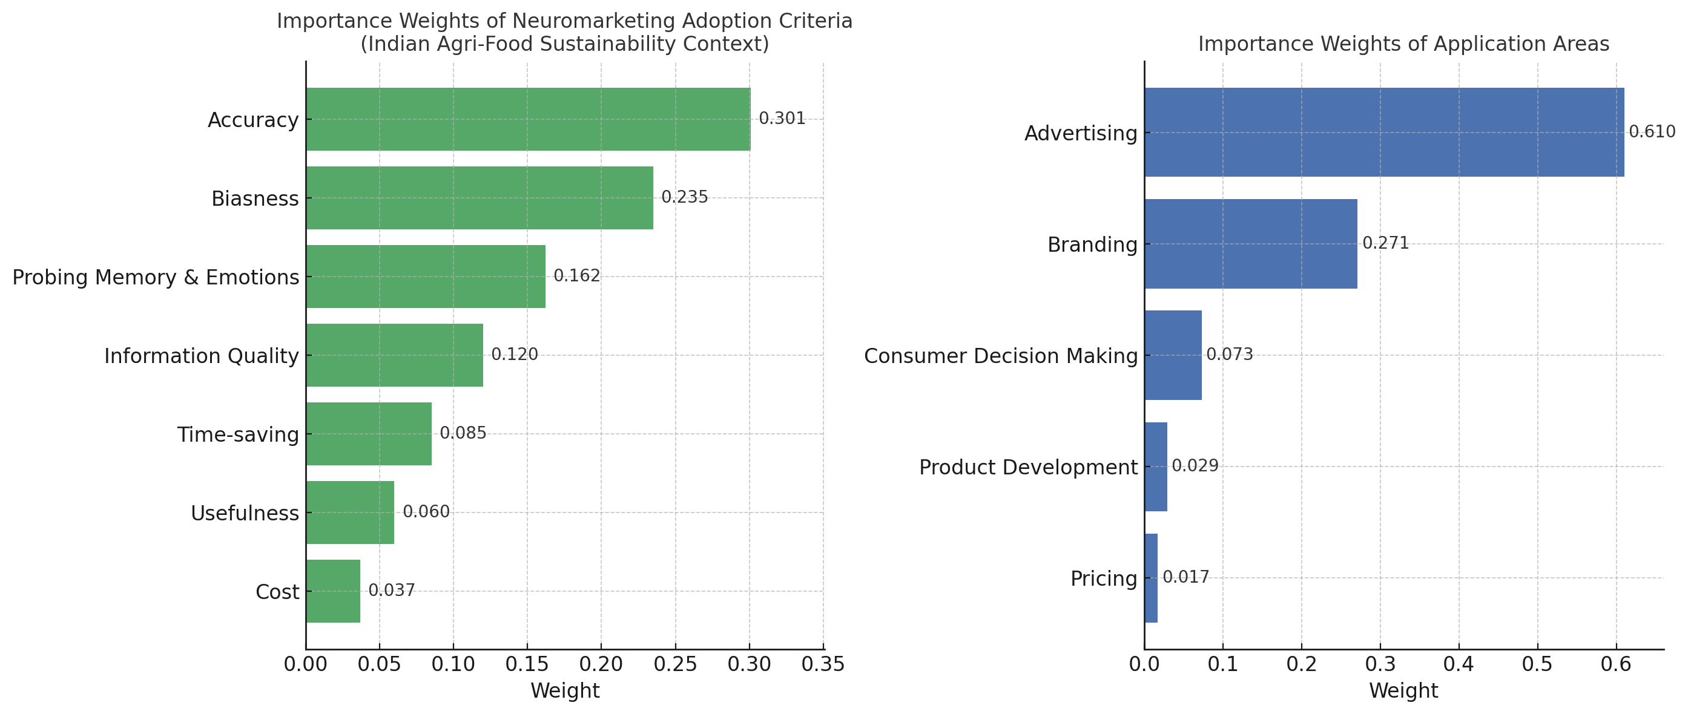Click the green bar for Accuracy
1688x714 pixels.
coord(527,119)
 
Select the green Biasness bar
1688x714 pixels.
coord(479,198)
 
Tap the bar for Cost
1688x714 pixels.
coord(333,591)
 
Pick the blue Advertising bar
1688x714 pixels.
coord(1384,133)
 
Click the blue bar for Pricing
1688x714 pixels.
coord(1151,578)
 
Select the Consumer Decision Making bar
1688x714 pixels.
coord(1173,355)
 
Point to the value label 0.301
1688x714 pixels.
coord(782,119)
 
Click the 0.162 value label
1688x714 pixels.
coord(576,276)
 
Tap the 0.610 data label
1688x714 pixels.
coord(1651,132)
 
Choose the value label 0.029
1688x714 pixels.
coord(1195,466)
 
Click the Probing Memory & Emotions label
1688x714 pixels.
coord(156,277)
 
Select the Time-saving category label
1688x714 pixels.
coord(238,434)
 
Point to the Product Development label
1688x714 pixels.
coord(1028,467)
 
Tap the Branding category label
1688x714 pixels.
coord(1092,244)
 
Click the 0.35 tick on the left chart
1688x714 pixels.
coord(823,665)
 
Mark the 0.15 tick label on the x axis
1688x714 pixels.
coord(527,665)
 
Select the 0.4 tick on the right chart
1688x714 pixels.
coord(1459,665)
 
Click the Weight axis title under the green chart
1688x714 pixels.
coord(565,691)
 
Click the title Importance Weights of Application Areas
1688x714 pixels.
coord(1403,44)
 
